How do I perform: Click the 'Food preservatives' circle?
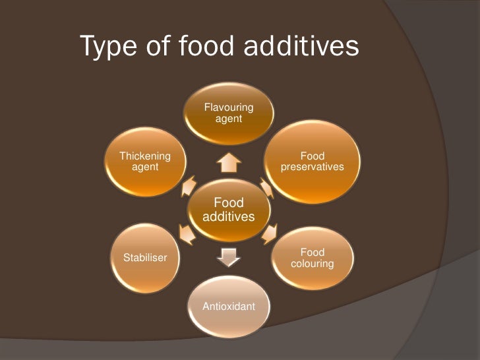tap(312, 162)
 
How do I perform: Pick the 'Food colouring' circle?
tap(312, 258)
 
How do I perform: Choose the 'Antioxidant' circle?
tap(228, 307)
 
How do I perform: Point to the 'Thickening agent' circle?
tap(144, 162)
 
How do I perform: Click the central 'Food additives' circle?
tap(228, 210)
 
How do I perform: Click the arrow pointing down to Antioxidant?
tap(228, 258)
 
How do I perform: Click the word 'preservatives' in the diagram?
tap(312, 167)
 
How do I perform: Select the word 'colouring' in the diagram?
tap(312, 264)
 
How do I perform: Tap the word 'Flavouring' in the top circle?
tap(228, 107)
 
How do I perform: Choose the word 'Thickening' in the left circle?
tap(144, 156)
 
